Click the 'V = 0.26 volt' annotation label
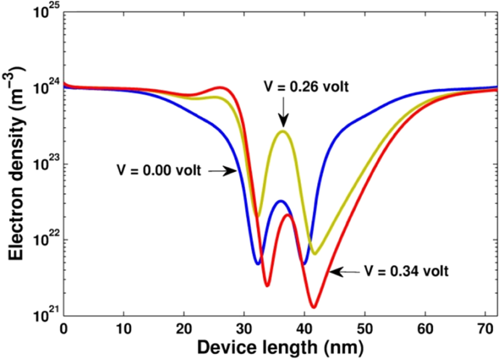click(x=306, y=86)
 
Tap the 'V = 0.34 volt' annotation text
click(x=406, y=272)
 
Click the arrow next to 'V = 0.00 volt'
click(x=222, y=171)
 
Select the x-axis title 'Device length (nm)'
click(x=280, y=347)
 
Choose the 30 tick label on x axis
click(x=244, y=329)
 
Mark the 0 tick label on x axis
click(x=63, y=329)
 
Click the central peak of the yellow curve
click(x=284, y=131)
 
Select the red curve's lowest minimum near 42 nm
click(x=313, y=306)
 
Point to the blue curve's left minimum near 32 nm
click(x=258, y=263)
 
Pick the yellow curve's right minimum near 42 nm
click(x=315, y=253)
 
